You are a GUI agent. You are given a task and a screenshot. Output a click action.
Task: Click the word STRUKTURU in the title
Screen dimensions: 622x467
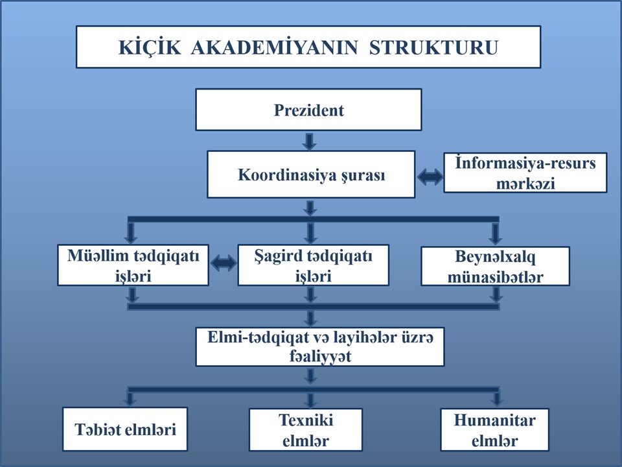click(433, 47)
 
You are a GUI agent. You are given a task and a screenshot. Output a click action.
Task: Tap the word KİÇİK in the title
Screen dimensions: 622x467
click(150, 47)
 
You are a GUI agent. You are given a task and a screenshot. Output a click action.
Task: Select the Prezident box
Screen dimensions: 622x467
click(308, 110)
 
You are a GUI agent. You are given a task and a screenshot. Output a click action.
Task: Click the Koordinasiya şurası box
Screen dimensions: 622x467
click(311, 174)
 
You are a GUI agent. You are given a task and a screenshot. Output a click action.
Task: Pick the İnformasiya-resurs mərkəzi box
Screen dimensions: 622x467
click(525, 173)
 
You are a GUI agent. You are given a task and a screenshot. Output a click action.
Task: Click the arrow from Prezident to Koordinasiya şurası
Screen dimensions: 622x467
click(309, 141)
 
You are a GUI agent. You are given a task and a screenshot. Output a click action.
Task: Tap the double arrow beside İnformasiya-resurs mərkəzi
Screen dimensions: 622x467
click(430, 176)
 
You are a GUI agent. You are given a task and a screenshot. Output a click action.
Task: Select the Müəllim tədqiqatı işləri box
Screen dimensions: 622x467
click(133, 265)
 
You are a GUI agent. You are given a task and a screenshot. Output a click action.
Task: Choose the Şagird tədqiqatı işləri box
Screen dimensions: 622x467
click(313, 265)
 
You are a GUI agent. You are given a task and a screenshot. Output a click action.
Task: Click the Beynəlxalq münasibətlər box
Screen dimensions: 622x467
click(495, 266)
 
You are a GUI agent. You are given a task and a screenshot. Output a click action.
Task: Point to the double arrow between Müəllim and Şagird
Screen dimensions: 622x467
click(224, 263)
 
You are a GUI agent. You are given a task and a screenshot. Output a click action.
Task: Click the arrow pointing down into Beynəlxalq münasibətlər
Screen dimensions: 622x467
click(494, 233)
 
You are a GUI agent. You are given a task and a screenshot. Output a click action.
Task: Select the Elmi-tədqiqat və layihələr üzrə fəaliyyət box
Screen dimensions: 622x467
click(319, 346)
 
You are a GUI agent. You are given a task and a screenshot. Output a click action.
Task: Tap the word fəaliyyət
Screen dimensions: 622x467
click(319, 356)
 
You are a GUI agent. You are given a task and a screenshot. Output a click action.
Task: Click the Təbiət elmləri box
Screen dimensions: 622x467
click(125, 429)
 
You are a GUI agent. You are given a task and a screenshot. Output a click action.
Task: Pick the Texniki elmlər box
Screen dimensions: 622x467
click(305, 429)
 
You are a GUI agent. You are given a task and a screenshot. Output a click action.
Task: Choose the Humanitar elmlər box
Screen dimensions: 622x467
click(494, 429)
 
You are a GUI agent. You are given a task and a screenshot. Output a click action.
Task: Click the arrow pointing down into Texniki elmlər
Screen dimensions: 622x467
click(310, 400)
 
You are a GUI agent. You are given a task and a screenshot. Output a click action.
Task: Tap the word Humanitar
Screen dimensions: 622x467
click(494, 420)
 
